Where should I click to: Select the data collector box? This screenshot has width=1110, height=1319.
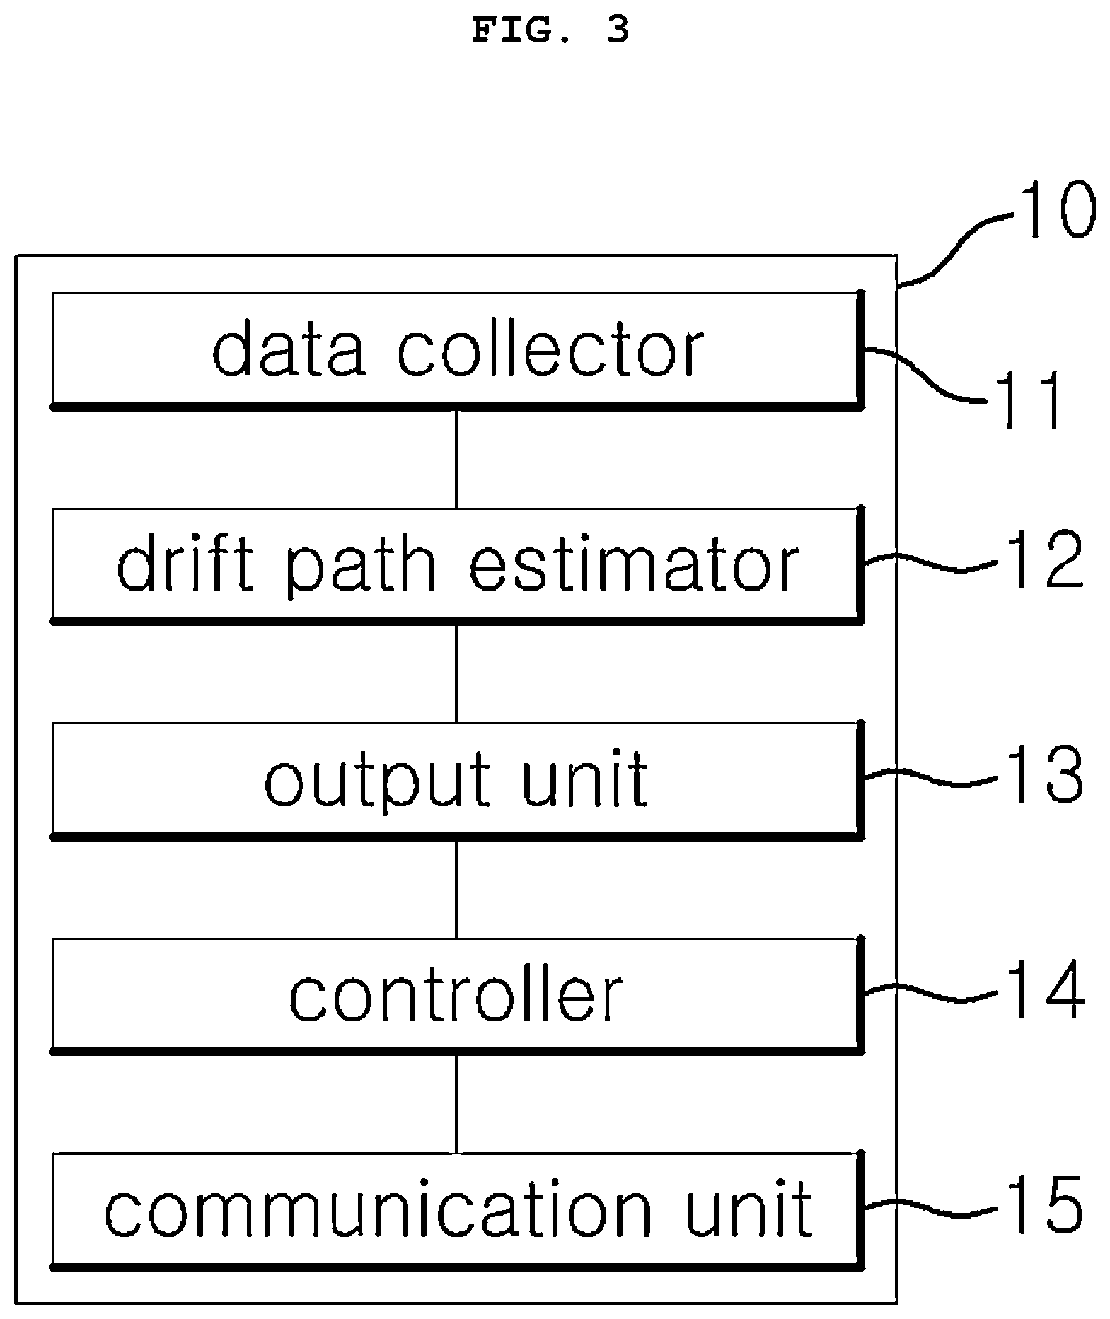pos(457,350)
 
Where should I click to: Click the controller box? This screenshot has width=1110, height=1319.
pos(457,995)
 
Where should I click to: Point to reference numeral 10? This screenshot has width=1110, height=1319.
pos(1055,210)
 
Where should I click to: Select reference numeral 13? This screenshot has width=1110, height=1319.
pos(1043,777)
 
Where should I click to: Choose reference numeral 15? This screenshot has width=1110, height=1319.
pos(1043,1207)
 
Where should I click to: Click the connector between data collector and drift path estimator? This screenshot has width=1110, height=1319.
pos(456,459)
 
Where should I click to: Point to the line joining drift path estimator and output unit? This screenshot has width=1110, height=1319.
pos(456,674)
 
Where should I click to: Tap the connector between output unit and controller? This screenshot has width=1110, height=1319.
pos(456,889)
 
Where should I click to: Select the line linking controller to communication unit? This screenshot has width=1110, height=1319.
pos(456,1104)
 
